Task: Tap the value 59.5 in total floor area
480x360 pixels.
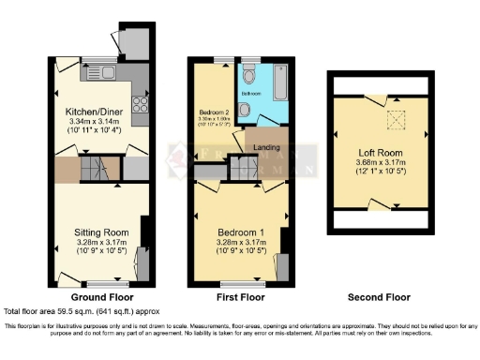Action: click(x=74, y=310)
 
